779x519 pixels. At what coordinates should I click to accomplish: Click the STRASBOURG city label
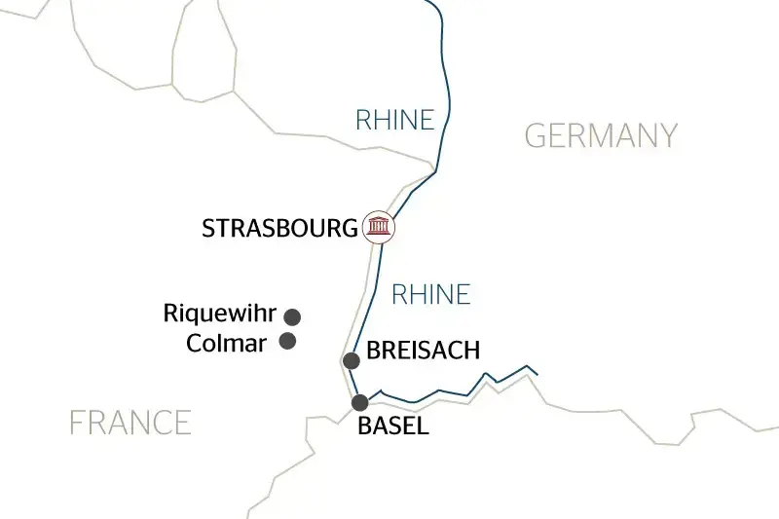tap(279, 229)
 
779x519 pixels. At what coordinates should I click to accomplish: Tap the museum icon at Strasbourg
tap(379, 227)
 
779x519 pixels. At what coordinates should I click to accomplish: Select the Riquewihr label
tap(219, 315)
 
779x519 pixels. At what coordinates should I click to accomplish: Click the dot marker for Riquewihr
tap(291, 316)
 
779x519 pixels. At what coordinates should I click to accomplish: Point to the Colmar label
tap(226, 343)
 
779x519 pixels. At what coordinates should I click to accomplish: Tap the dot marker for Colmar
tap(288, 341)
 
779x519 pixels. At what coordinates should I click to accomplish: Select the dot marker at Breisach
tap(352, 360)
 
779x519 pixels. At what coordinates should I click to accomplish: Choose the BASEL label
tap(393, 426)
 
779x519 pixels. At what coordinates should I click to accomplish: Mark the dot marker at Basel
tap(360, 402)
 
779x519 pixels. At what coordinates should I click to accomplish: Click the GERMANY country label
tap(601, 135)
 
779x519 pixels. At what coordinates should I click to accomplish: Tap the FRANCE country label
tap(130, 423)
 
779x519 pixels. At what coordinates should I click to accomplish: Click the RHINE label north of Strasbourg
tap(394, 120)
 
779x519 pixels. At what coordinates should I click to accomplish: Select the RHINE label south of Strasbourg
tap(430, 293)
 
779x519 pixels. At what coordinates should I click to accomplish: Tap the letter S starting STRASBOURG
tap(207, 229)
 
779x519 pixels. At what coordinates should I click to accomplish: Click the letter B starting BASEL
tap(365, 426)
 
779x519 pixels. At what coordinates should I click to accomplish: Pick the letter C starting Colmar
tap(194, 343)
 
